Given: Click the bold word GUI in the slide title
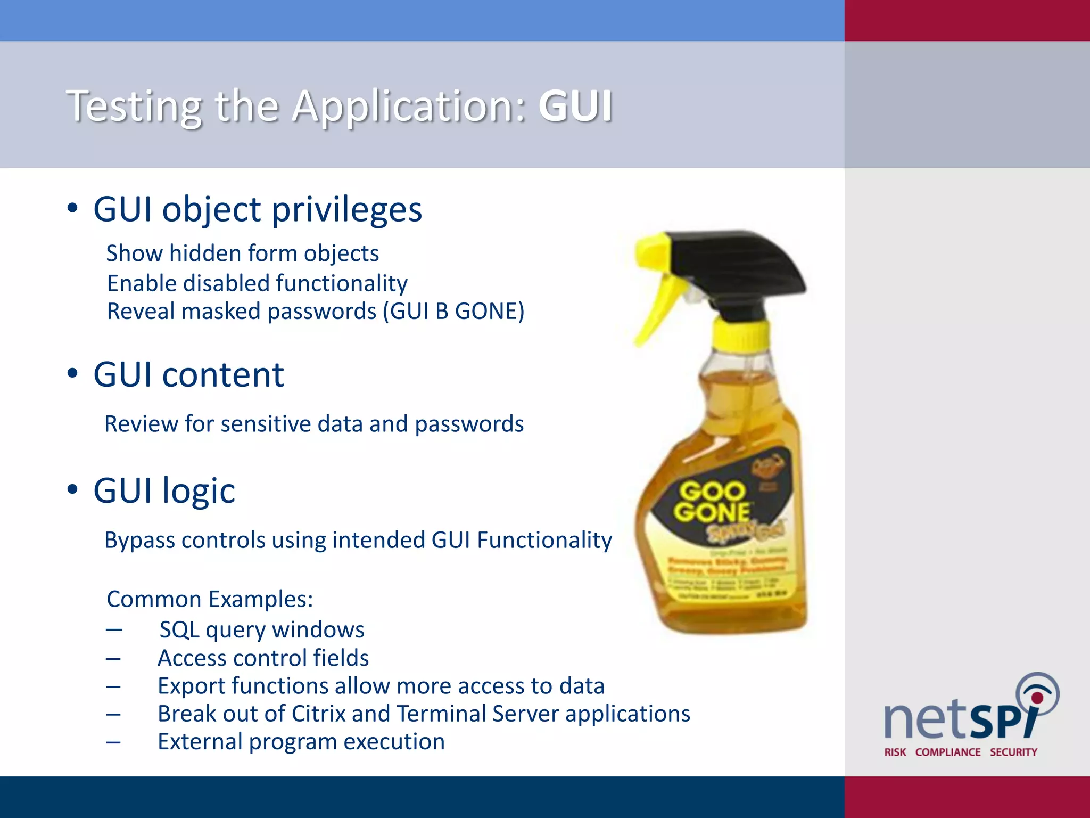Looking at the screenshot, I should tap(575, 106).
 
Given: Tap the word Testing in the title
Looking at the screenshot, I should tap(134, 107).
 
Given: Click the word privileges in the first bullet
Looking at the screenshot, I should tap(346, 209).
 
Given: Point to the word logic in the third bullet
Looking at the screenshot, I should tap(199, 490).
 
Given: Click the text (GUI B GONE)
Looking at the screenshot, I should tap(453, 312).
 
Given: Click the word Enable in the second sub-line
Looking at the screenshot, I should tap(142, 283).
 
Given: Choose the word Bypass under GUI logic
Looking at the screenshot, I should tap(139, 541).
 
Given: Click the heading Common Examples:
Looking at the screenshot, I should tap(210, 600).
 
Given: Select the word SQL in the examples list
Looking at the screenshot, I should tap(179, 630).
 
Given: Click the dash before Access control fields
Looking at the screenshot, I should tap(113, 659).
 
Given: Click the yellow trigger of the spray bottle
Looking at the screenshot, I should tap(655, 304).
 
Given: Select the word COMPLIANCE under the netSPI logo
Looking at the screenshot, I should tap(947, 752).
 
